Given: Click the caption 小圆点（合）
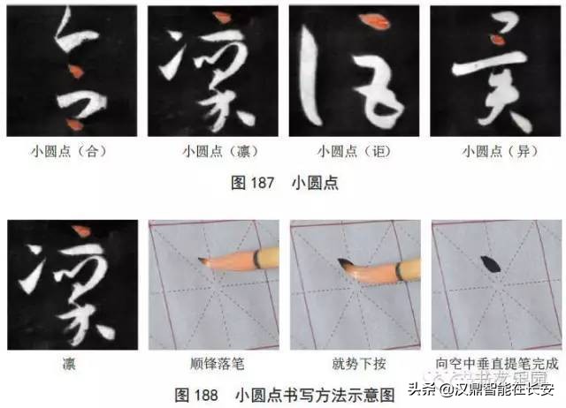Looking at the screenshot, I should click(x=71, y=151).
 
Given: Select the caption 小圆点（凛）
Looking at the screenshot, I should click(x=213, y=151).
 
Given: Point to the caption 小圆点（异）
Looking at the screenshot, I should click(x=495, y=151).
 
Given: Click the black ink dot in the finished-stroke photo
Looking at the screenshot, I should click(x=487, y=261).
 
